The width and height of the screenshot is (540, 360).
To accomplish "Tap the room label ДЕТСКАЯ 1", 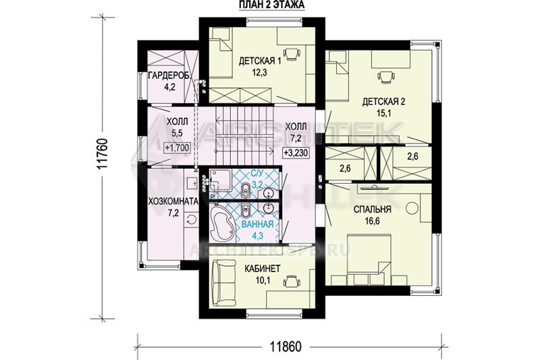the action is [260, 61].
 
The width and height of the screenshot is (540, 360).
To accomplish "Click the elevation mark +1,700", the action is [178, 148].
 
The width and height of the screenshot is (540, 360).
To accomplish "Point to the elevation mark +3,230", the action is [296, 153].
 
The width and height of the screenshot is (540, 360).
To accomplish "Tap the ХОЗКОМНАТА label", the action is [173, 201].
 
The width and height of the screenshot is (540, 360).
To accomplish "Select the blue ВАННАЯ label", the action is [258, 224].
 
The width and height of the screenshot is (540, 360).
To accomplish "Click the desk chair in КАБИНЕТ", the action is [291, 281].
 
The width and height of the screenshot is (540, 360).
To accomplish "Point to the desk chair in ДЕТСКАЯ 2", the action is [385, 77].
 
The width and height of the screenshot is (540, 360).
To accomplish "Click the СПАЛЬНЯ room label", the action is [373, 209].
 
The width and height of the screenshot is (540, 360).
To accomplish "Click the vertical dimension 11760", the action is [103, 153].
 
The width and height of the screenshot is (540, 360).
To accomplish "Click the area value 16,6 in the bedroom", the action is [373, 221].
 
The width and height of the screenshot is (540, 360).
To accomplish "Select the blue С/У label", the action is [256, 174].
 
